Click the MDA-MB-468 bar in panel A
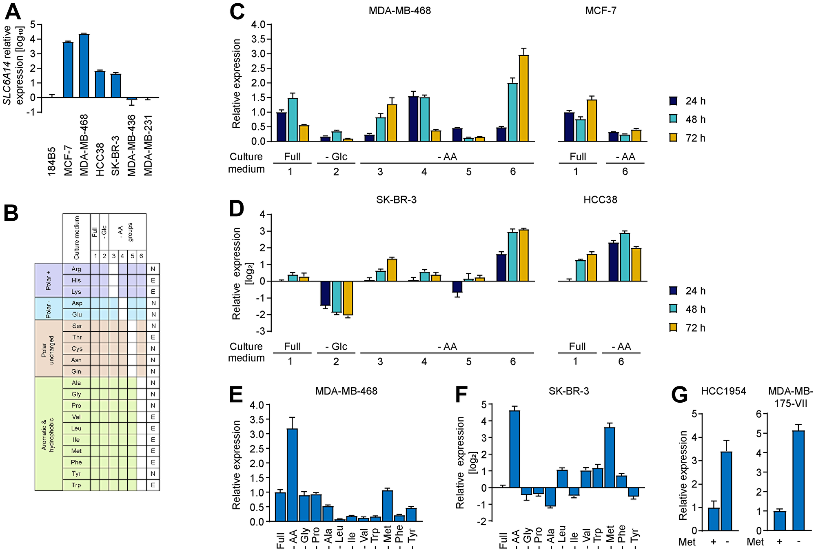click(x=84, y=66)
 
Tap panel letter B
click(x=11, y=213)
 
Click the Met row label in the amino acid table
click(x=76, y=451)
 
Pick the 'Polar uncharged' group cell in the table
click(x=49, y=348)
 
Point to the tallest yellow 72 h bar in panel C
click(x=524, y=98)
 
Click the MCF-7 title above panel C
click(x=601, y=11)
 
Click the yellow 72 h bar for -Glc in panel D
click(x=348, y=298)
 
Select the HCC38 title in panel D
click(x=600, y=200)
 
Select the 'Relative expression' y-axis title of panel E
click(x=237, y=465)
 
